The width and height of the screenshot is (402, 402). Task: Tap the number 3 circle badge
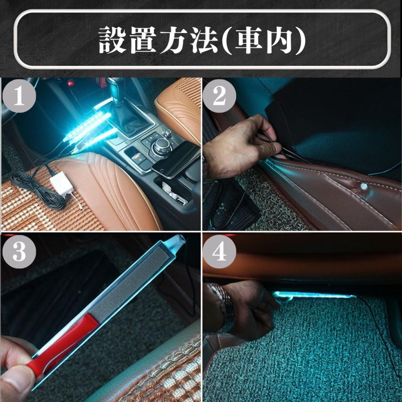pyautogui.click(x=18, y=253)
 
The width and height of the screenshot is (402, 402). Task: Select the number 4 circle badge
pyautogui.click(x=219, y=253)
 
